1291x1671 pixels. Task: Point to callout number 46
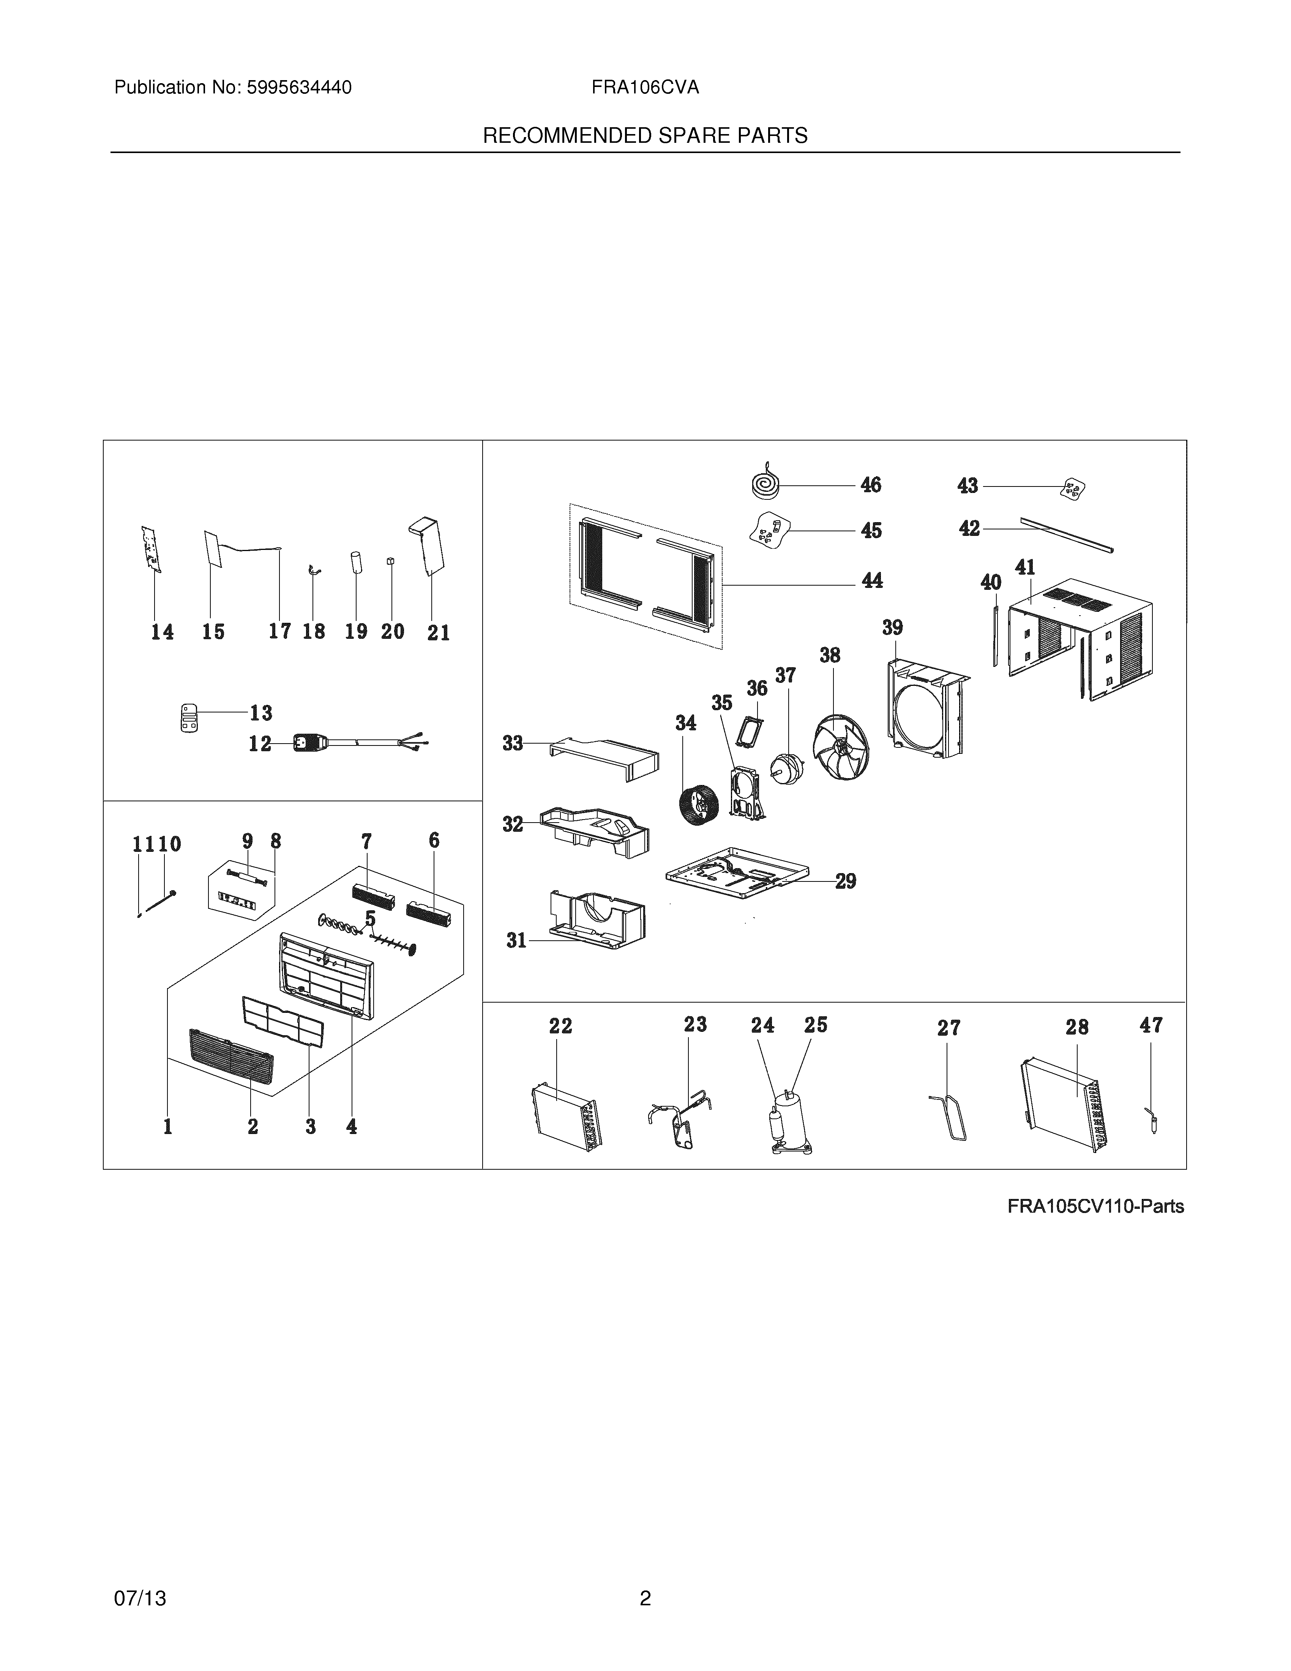click(x=870, y=485)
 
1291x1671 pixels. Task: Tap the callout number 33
click(x=513, y=743)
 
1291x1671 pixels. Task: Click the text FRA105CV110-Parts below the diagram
click(x=1095, y=1207)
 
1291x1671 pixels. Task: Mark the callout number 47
click(x=1151, y=1025)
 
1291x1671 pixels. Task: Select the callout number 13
click(x=261, y=713)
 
